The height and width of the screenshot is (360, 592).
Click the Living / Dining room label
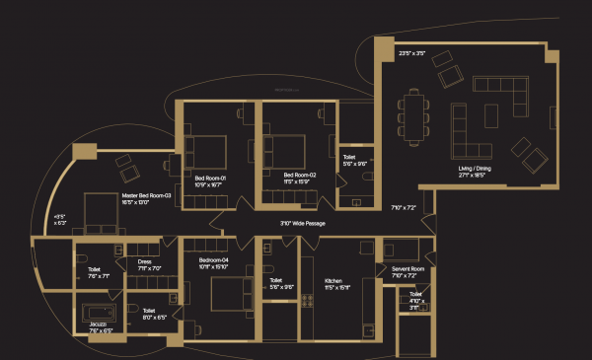coord(479,173)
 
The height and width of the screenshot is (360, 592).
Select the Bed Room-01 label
coord(210,180)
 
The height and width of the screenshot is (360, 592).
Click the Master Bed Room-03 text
coord(147,199)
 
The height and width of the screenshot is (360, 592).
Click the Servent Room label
coord(407,272)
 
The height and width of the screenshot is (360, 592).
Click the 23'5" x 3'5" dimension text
coord(411,52)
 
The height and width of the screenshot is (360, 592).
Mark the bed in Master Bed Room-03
coord(102,210)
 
